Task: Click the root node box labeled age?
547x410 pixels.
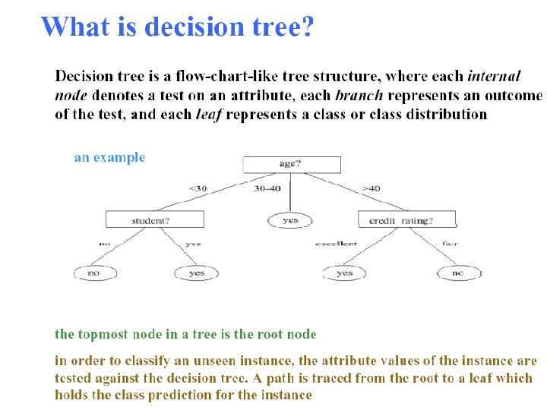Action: coord(291,165)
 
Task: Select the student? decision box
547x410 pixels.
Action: coord(155,219)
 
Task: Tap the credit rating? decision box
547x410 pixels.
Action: coord(406,219)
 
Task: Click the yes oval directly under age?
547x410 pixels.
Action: coord(290,220)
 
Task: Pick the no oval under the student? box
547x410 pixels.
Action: coord(94,272)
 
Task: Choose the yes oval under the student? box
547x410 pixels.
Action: coord(196,272)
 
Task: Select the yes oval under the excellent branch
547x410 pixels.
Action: coord(344,272)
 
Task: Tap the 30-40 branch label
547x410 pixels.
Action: coord(267,188)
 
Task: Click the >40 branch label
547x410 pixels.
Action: coord(372,188)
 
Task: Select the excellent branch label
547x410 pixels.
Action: coord(335,244)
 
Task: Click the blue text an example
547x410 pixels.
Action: coord(109,158)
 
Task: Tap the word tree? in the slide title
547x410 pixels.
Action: coord(281,27)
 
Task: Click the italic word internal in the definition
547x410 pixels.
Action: coord(494,76)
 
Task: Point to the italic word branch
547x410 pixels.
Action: coord(359,96)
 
